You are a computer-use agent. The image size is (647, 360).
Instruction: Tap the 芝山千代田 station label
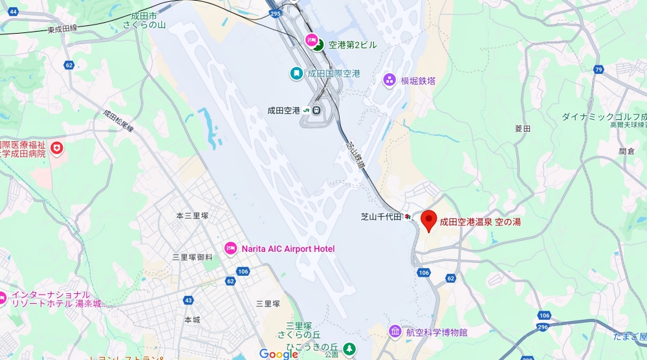[381, 217]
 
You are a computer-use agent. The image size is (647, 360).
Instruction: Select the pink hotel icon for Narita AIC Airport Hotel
[230, 249]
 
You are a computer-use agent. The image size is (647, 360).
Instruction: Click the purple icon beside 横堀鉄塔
[389, 80]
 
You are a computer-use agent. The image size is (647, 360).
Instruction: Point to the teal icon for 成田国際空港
[296, 74]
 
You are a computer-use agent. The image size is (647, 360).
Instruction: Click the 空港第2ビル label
[352, 45]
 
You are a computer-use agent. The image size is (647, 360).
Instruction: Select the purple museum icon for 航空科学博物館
[395, 332]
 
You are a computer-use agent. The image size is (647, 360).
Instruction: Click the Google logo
[279, 354]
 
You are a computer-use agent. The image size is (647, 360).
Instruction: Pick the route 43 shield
[188, 300]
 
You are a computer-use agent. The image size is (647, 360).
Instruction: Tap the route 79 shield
[598, 69]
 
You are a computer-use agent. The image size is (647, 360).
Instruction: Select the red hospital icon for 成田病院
[58, 148]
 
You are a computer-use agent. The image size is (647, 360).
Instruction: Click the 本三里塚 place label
[192, 216]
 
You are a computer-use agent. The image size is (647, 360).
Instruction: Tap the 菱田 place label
[522, 129]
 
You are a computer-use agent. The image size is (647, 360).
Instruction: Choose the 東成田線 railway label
[62, 29]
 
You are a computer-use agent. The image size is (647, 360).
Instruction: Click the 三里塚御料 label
[192, 257]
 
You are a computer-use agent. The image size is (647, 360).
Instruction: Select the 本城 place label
[192, 320]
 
